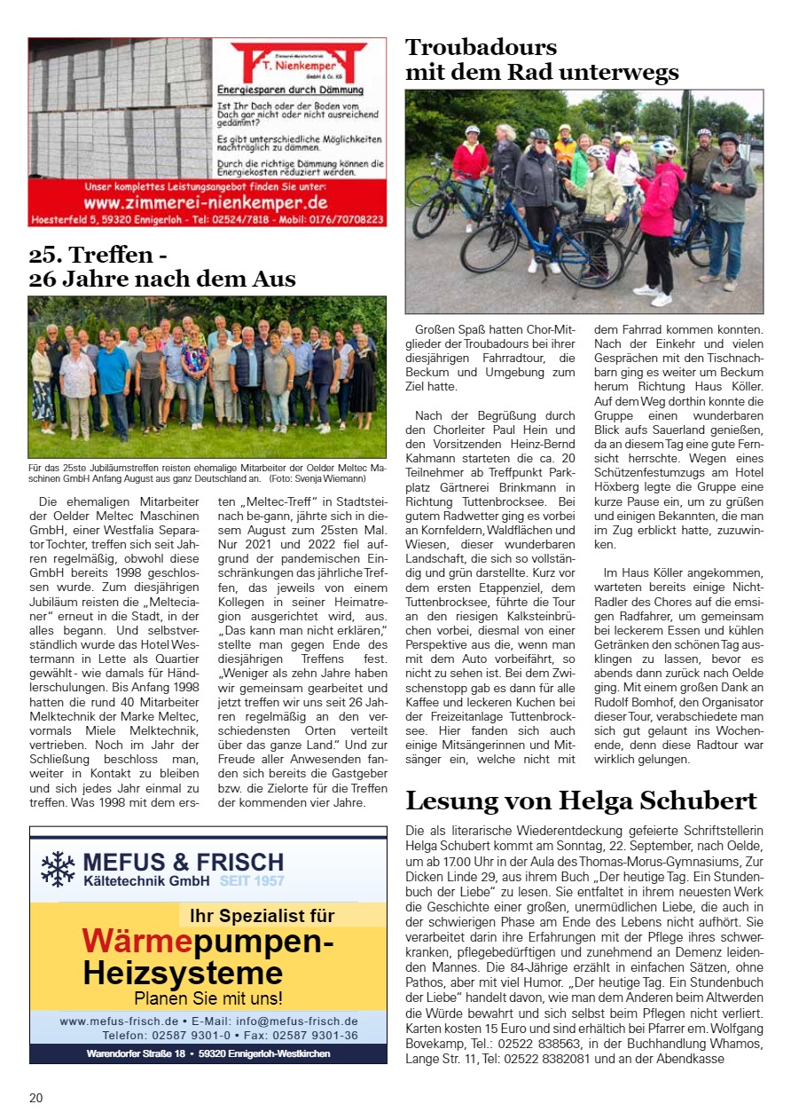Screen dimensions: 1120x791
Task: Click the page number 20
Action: click(35, 1098)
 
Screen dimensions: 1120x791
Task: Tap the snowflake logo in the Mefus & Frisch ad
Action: click(59, 869)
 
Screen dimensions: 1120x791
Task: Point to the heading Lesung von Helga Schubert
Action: click(581, 801)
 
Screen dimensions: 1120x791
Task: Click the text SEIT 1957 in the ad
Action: click(252, 881)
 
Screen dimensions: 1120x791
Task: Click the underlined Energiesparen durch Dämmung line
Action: click(290, 91)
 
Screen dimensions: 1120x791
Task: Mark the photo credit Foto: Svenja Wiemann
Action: click(310, 478)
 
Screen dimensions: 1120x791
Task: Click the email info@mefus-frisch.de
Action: click(297, 1021)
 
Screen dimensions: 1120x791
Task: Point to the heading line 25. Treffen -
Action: click(98, 256)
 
